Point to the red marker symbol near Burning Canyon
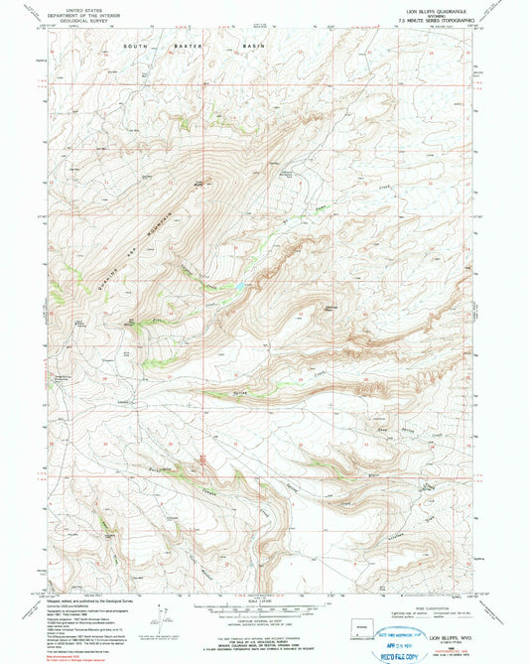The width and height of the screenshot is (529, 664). point(202,458)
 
